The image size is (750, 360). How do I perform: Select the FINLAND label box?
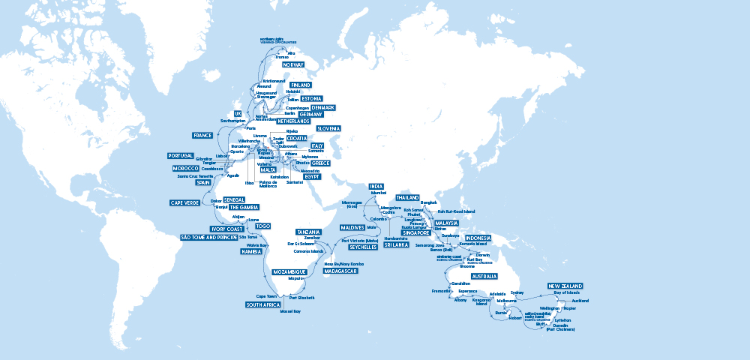(300, 85)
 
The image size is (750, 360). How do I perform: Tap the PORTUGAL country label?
(180, 156)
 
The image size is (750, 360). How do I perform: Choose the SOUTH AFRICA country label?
(262, 305)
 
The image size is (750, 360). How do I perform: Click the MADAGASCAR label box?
(340, 271)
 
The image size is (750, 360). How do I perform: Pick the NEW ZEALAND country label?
(565, 286)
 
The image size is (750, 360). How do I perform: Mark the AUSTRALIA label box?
(483, 277)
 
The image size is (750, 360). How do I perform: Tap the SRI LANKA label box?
(396, 245)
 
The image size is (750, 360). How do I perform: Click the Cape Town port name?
(267, 296)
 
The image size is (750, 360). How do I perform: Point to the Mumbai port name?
(378, 193)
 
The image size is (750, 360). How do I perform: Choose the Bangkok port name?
(428, 202)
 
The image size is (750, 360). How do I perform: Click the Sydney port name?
(517, 292)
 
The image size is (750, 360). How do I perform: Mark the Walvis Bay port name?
(257, 244)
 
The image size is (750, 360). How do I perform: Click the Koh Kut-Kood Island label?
(456, 211)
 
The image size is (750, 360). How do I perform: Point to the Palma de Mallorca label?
(268, 184)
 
